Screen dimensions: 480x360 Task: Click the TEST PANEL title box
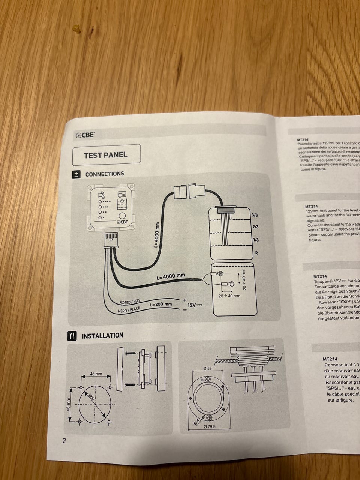106,155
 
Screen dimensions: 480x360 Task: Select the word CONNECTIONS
105,174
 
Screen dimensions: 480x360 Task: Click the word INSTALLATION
102,336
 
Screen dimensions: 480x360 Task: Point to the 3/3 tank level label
255,215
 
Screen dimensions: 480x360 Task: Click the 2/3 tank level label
256,227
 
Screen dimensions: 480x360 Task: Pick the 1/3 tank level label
256,240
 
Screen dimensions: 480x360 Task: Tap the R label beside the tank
256,253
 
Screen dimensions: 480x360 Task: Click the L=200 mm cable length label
161,304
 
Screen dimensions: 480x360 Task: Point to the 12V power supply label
195,305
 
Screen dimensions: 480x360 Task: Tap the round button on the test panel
122,216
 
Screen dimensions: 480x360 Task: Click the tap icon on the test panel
101,195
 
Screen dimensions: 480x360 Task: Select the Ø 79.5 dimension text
209,426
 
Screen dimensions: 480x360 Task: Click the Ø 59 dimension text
208,369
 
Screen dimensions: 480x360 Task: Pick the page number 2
64,441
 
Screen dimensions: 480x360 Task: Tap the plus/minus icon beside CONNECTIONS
76,174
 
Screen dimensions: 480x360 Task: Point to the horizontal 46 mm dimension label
96,374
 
